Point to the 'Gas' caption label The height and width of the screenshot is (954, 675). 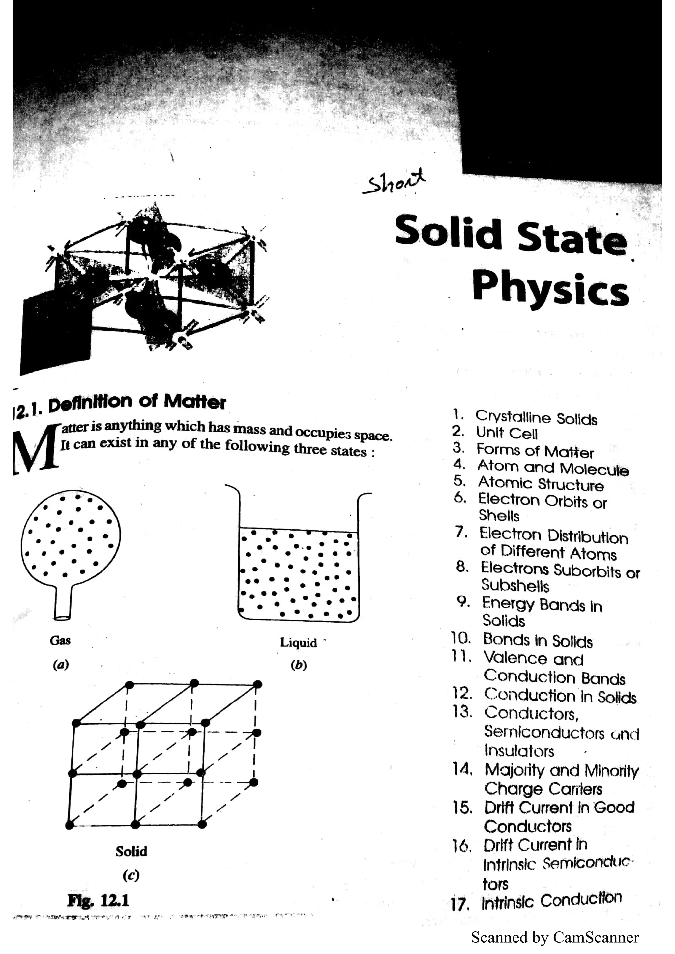[60, 640]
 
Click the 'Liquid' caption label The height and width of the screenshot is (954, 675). [298, 643]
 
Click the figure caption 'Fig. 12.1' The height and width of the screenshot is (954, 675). [98, 900]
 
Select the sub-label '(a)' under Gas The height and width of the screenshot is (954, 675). [61, 664]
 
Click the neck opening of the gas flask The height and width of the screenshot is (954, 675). [62, 618]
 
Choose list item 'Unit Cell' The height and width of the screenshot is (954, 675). [507, 433]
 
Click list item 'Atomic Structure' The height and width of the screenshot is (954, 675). [540, 483]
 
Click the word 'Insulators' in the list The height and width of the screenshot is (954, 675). [519, 751]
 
